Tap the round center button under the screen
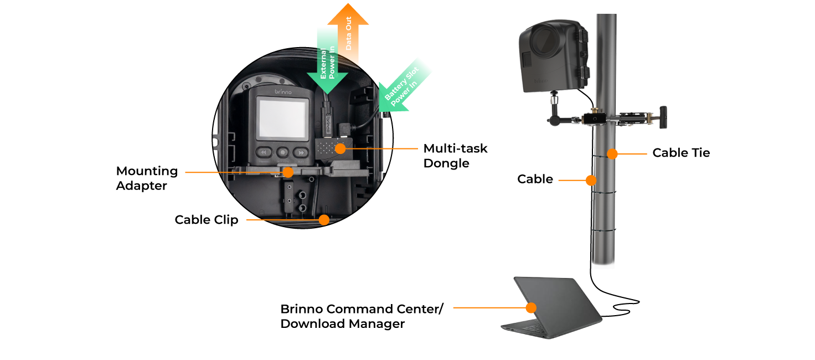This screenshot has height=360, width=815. coord(282,152)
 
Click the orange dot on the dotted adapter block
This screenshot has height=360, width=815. coord(340,148)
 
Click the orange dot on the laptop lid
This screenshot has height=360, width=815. coord(531,307)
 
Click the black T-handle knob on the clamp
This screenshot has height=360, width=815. coord(662,117)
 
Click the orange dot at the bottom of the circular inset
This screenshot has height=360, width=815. coord(324,220)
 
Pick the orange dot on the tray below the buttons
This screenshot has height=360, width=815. coord(288,172)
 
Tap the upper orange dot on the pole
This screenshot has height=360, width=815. coord(612,154)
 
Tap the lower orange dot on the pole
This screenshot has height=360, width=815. coord(591,180)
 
